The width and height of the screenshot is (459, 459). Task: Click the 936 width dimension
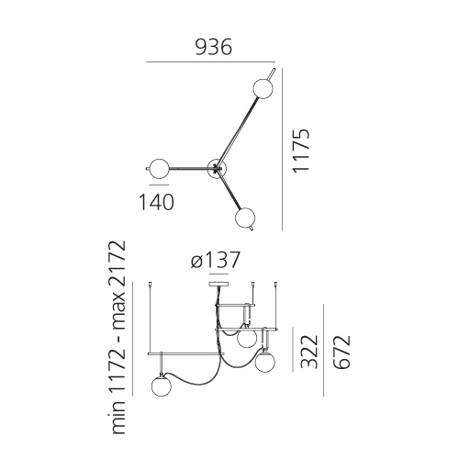coord(214,48)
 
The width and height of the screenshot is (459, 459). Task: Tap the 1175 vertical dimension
coord(301,151)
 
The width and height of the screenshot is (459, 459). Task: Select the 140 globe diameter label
coord(156,202)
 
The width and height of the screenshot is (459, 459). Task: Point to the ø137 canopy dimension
coord(215,261)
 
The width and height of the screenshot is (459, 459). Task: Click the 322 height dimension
coord(309,352)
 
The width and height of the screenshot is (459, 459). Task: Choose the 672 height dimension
coord(341,353)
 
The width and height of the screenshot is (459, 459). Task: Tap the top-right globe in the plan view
coord(263,88)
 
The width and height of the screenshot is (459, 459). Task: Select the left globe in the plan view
coord(159,168)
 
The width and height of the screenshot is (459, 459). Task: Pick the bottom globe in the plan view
coord(245,218)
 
